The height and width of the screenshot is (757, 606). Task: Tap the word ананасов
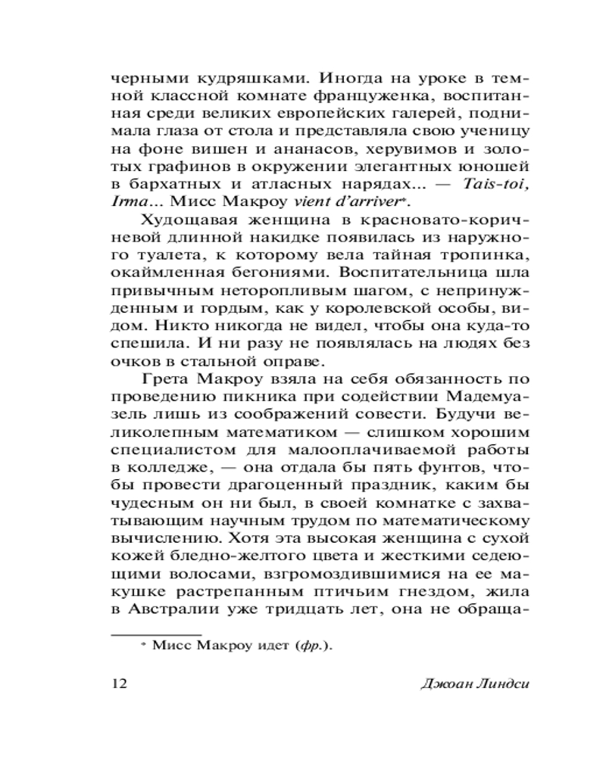coord(292,151)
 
